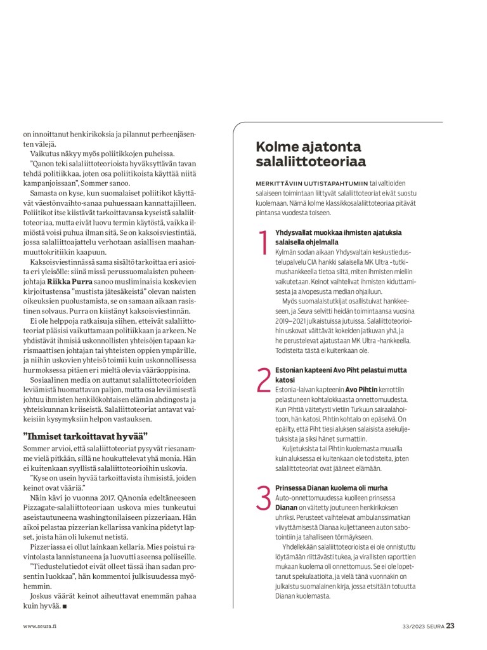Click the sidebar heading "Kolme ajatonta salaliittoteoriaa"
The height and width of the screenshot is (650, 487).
pyautogui.click(x=311, y=154)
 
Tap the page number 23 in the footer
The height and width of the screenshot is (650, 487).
pyautogui.click(x=450, y=625)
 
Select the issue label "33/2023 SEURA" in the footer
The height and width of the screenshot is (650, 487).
pyautogui.click(x=423, y=626)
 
